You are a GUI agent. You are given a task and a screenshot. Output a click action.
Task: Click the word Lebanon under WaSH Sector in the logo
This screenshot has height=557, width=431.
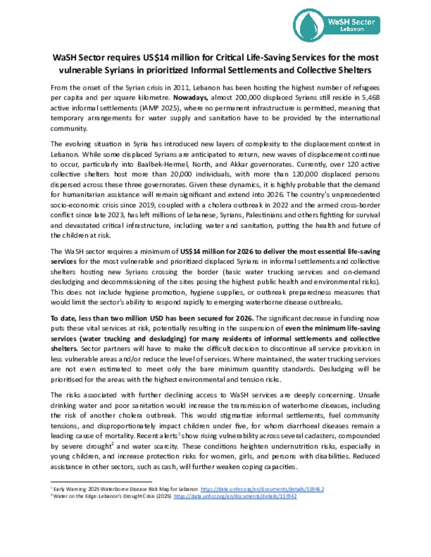(x=352, y=29)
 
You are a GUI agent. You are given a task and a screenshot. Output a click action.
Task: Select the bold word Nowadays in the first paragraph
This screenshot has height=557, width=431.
(x=190, y=98)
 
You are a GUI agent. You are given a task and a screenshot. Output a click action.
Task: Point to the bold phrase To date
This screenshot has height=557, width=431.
(x=63, y=318)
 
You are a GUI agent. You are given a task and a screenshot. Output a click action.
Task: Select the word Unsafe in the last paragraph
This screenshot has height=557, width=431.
(x=369, y=395)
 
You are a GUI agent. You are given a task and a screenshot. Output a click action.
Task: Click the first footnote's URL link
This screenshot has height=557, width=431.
(x=262, y=489)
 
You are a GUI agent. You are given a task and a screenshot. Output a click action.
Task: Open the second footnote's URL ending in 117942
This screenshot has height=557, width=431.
(x=235, y=496)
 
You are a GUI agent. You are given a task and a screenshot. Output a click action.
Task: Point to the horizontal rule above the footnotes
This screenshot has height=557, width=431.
(x=101, y=482)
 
